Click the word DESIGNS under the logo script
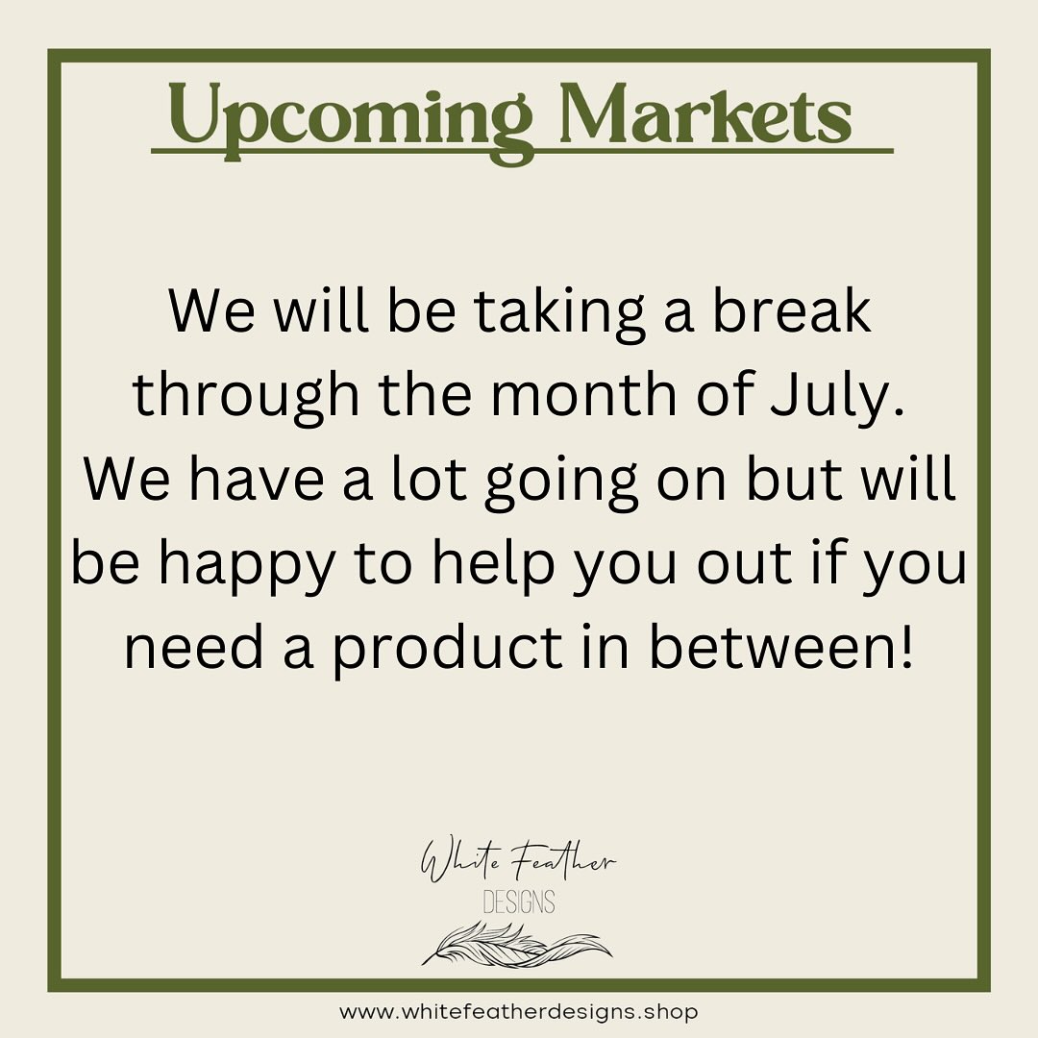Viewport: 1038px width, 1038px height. (518, 902)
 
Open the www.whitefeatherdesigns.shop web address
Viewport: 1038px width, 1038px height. (518, 1012)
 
